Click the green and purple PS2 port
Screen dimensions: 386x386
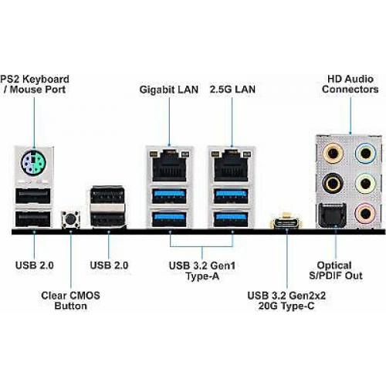(x=33, y=164)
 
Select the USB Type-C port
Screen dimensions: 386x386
(x=286, y=223)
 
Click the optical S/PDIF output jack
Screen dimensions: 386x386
(x=333, y=215)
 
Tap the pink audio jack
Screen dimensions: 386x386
(x=365, y=213)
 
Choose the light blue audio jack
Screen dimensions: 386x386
(x=365, y=154)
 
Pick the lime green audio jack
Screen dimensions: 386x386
(x=365, y=184)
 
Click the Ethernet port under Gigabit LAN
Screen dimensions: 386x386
(x=169, y=166)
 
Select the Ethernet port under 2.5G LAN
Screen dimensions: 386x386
(x=231, y=166)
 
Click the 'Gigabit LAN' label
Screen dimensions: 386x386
(x=169, y=90)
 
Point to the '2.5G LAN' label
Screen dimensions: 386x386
(x=232, y=90)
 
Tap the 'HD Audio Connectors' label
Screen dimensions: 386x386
(x=350, y=84)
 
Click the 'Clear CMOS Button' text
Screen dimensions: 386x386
(x=70, y=300)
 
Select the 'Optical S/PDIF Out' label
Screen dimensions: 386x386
(x=336, y=270)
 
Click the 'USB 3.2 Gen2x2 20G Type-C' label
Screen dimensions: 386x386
(x=286, y=300)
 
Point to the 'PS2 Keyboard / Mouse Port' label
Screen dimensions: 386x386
(x=35, y=84)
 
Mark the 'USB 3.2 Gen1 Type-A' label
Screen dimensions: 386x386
(x=202, y=271)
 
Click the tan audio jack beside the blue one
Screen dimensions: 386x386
(x=333, y=154)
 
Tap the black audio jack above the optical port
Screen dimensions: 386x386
(x=333, y=184)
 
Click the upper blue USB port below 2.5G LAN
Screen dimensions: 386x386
(x=231, y=196)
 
